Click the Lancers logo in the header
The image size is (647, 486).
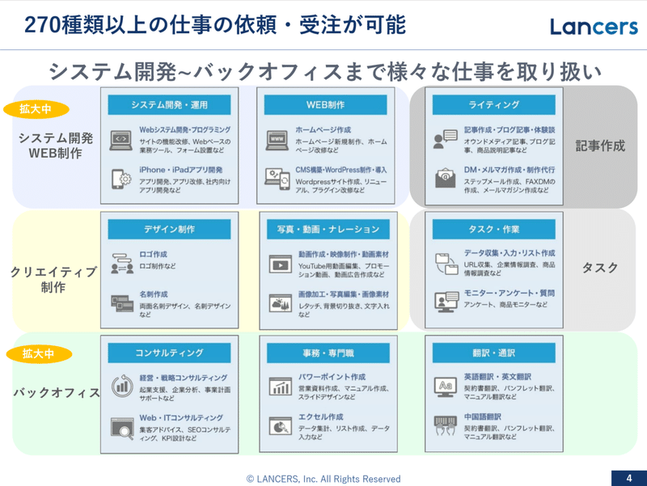click(594, 26)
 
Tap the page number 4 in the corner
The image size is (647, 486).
click(628, 476)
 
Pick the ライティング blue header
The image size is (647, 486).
click(493, 104)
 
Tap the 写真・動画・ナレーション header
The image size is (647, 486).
click(328, 229)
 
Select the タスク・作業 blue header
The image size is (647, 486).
click(493, 229)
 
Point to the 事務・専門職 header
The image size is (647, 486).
click(328, 353)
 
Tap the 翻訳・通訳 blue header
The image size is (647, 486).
click(493, 353)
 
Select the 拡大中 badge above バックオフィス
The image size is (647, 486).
click(36, 353)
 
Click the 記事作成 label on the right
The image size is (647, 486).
click(600, 146)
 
